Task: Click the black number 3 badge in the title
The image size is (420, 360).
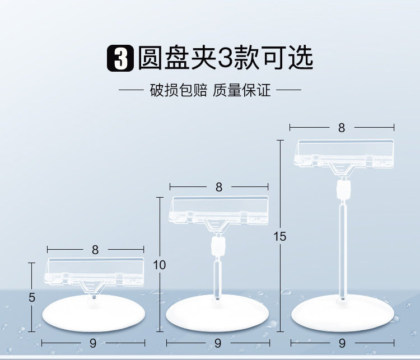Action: coord(120,59)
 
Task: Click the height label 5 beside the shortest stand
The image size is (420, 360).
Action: coord(32,297)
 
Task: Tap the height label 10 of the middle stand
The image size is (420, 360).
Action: coord(160,265)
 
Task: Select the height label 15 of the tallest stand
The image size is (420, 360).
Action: coord(280,237)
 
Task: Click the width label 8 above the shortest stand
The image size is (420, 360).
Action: coord(96,250)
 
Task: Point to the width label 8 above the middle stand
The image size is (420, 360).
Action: coord(219,188)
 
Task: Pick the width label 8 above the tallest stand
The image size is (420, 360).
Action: coord(342,128)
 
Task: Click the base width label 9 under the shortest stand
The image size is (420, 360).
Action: coord(93,343)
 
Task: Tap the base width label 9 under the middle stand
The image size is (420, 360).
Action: coord(217,343)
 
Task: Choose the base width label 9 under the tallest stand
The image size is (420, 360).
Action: coord(342,343)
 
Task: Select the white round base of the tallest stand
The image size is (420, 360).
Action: coord(342,315)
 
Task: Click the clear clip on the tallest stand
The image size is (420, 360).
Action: coord(344,153)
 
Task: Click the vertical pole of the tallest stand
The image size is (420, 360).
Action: coord(343,246)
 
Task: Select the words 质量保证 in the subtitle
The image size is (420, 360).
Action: coord(242,90)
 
